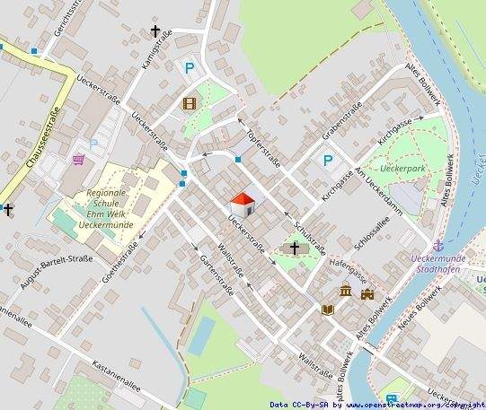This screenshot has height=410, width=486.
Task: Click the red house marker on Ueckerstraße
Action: coord(243,204)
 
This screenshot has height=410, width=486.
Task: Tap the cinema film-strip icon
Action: coord(188,103)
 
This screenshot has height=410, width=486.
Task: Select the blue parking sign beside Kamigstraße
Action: coord(189,66)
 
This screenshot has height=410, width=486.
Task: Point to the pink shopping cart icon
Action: coord(79,160)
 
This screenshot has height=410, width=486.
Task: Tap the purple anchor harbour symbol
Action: coord(438,245)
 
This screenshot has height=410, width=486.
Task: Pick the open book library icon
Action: coord(327,310)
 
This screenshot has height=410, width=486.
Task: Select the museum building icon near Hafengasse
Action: coord(346,290)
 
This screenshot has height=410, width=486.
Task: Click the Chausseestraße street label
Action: coord(30,139)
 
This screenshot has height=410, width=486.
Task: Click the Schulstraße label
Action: coord(311,235)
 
